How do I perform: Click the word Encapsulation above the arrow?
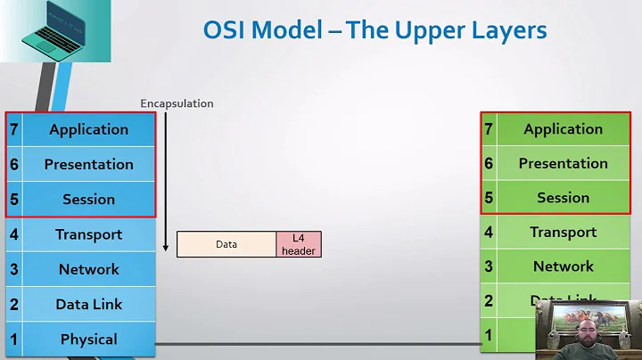177,103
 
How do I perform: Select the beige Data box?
226,244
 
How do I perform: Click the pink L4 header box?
298,244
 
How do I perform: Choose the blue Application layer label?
88,129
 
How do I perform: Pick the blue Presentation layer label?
88,164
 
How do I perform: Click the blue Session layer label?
88,199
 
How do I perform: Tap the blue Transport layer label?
88,234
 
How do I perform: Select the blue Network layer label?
88,269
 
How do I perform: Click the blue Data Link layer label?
88,304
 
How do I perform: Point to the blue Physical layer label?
88,339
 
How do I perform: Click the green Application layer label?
563,129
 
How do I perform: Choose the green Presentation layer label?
563,163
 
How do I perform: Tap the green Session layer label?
563,198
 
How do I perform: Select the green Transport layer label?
563,232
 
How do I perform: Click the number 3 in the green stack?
489,266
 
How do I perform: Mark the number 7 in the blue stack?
13,129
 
